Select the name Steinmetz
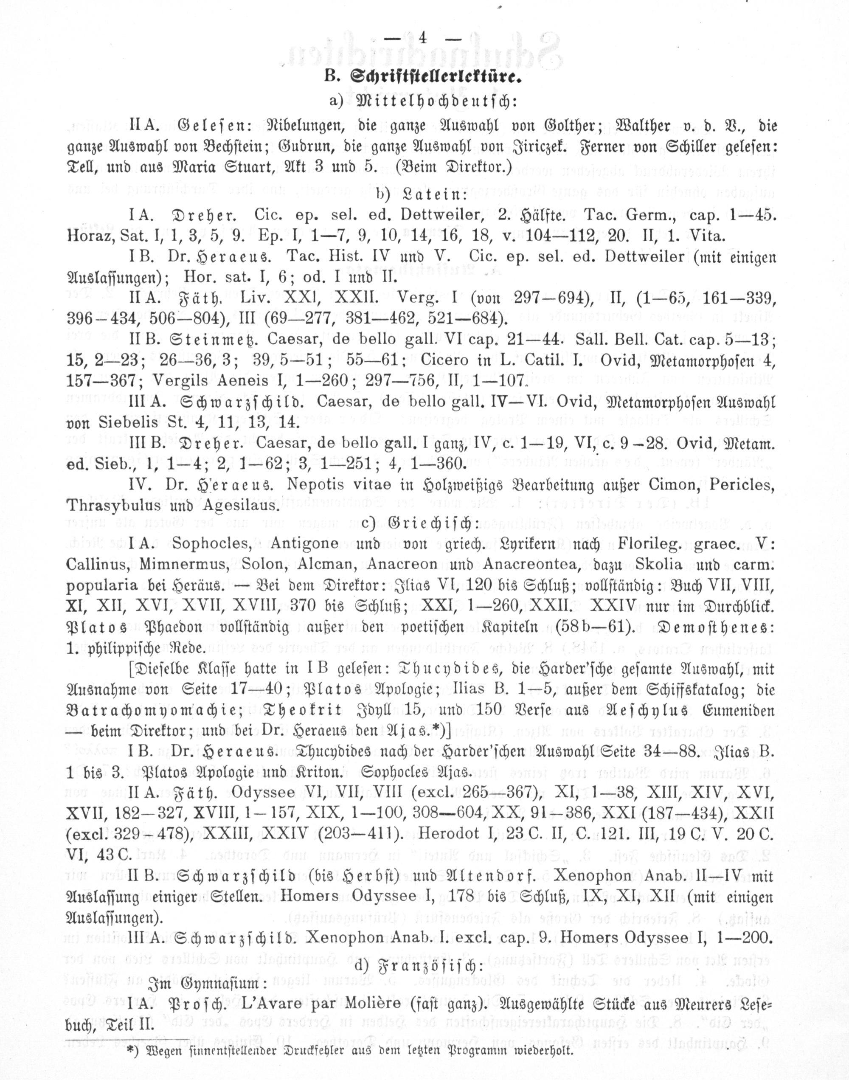pos(219,340)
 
